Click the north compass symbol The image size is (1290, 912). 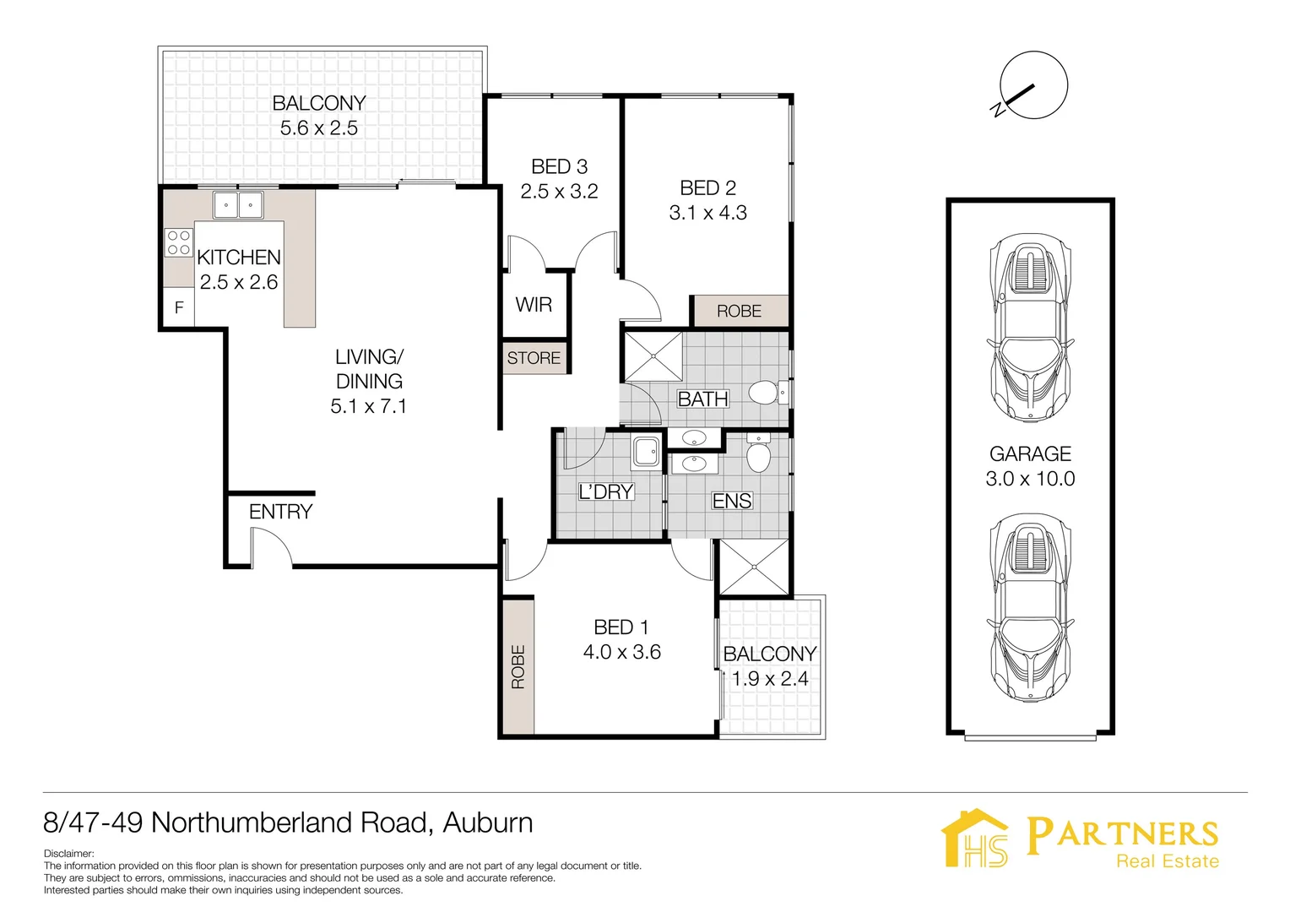(x=1033, y=85)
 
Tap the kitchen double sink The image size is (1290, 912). (x=238, y=204)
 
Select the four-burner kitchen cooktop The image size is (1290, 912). (x=178, y=242)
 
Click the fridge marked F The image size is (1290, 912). (x=179, y=307)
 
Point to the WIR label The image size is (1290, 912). (x=534, y=304)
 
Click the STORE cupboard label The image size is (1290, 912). (x=534, y=358)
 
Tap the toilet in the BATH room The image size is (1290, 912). (x=767, y=393)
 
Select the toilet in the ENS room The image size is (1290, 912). (x=758, y=453)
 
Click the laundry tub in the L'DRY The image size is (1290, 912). (x=646, y=453)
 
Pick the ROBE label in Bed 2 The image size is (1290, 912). (x=739, y=311)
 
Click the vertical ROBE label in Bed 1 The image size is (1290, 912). (x=518, y=666)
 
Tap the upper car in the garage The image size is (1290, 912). (x=1030, y=328)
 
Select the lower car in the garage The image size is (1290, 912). (x=1030, y=608)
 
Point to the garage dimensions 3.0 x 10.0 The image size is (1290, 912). (x=1030, y=479)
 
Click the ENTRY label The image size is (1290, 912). (x=280, y=512)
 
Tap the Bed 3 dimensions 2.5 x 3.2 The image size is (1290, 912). (x=559, y=192)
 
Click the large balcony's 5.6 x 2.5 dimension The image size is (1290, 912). (x=319, y=128)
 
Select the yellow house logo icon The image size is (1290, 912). (x=975, y=839)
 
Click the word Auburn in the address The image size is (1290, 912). (x=488, y=822)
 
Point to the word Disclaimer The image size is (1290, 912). (x=68, y=854)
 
